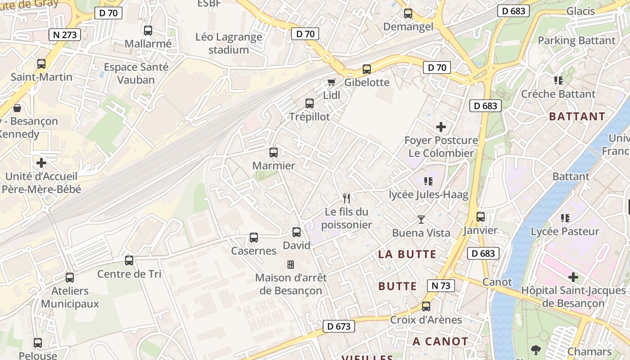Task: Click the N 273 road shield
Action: tap(64, 35)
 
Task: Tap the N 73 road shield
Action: tap(441, 285)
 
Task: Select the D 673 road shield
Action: tap(339, 326)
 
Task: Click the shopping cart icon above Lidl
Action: tap(332, 82)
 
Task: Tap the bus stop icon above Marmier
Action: tap(274, 153)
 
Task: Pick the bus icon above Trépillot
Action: tap(310, 103)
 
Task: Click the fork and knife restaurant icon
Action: tap(346, 198)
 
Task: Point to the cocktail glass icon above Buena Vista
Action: tap(421, 220)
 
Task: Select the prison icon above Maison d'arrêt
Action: tap(291, 264)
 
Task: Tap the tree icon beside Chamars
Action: tap(535, 350)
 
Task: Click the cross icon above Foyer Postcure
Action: tap(441, 127)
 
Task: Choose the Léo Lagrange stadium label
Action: tap(229, 43)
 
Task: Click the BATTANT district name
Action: tap(577, 117)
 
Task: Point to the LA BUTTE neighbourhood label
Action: tap(407, 254)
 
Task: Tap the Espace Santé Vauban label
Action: tap(136, 74)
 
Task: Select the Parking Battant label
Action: tap(576, 40)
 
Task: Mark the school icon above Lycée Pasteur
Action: tap(565, 218)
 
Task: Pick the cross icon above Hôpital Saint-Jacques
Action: tap(573, 277)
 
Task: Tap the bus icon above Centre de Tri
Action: tap(129, 261)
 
